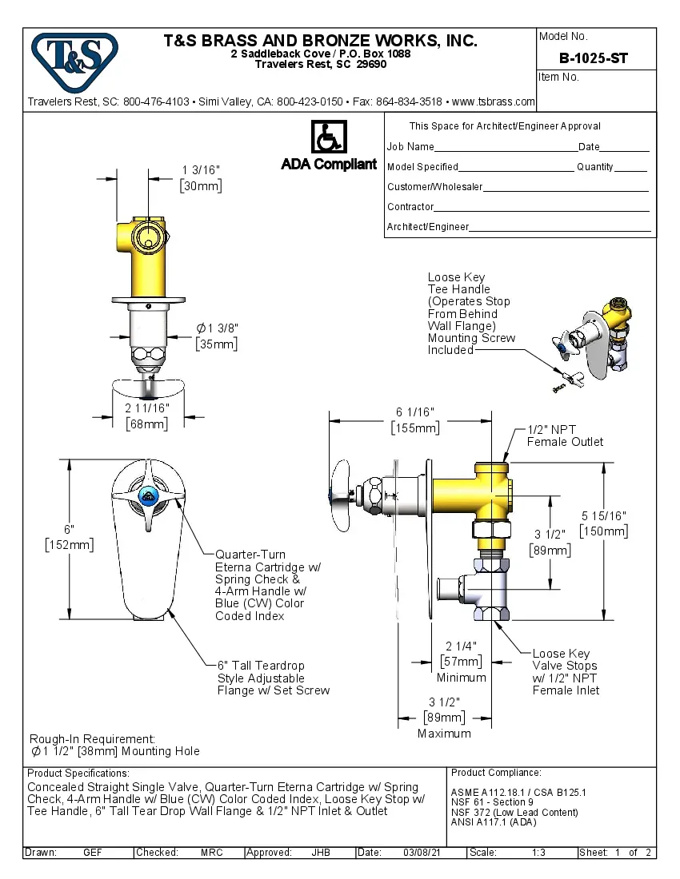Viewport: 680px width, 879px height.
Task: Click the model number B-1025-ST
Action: pyautogui.click(x=594, y=58)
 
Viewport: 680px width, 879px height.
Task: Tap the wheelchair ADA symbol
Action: pyautogui.click(x=328, y=137)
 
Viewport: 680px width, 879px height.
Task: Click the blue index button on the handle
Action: pyautogui.click(x=147, y=497)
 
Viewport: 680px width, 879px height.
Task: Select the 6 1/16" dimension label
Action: pyautogui.click(x=414, y=412)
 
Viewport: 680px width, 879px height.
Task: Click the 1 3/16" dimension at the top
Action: pyautogui.click(x=200, y=170)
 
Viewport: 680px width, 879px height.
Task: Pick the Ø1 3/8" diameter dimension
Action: pyautogui.click(x=218, y=328)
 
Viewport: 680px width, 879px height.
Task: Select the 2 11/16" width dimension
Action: pyautogui.click(x=147, y=408)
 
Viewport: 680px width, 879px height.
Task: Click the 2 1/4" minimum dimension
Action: pyautogui.click(x=461, y=646)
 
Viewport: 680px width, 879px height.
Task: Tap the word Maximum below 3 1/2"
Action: pyautogui.click(x=444, y=733)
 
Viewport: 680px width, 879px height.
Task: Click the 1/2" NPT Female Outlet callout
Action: pyautogui.click(x=565, y=436)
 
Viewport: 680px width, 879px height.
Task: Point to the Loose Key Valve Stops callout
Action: pyautogui.click(x=565, y=671)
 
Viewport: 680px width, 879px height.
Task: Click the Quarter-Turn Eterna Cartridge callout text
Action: pyautogui.click(x=267, y=585)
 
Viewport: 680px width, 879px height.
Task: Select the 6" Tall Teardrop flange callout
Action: pyautogui.click(x=273, y=678)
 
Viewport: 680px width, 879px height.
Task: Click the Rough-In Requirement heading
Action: pyautogui.click(x=92, y=739)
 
